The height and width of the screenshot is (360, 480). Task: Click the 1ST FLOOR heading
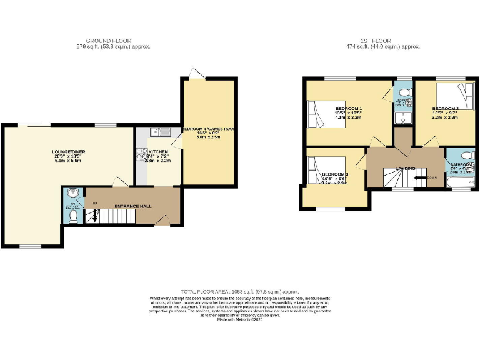pyautogui.click(x=383, y=41)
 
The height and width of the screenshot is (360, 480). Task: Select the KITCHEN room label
pyautogui.click(x=157, y=151)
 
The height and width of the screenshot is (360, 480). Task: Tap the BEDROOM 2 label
pyautogui.click(x=446, y=109)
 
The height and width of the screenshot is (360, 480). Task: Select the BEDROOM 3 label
pyautogui.click(x=333, y=174)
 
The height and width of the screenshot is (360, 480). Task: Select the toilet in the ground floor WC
pyautogui.click(x=74, y=216)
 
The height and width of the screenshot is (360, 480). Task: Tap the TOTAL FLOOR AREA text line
pyautogui.click(x=240, y=292)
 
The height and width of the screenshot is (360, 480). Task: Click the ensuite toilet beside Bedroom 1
pyautogui.click(x=404, y=95)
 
